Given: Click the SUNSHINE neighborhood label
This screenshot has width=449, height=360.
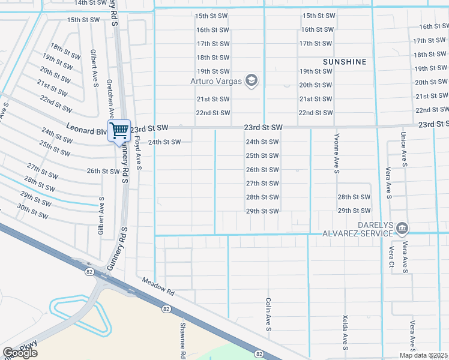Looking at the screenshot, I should coord(345,62).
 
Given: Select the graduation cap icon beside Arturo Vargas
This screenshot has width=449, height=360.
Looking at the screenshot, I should coord(252,81).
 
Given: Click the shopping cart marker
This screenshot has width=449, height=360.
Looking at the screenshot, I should coord(119,130).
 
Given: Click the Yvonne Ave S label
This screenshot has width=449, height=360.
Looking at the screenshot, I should coord(337,153).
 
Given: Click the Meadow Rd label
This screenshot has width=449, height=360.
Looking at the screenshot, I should coord(158,286).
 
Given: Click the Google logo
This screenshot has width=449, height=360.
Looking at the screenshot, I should coord(20,352).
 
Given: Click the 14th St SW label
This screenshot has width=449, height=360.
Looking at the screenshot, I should coord(89,3).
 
